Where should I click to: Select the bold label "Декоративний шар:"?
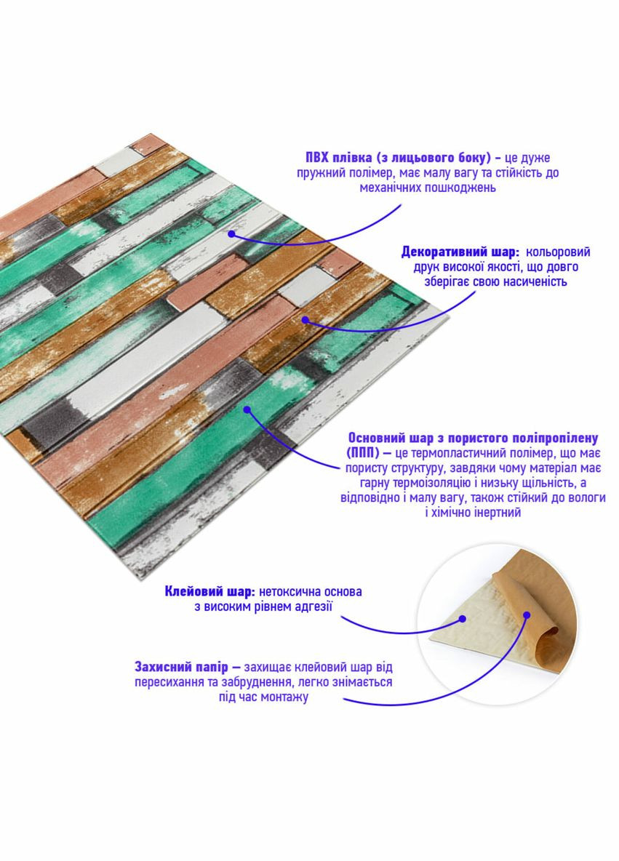click(x=460, y=252)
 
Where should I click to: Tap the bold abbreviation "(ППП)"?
click(x=366, y=453)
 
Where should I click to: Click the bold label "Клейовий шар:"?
click(x=209, y=592)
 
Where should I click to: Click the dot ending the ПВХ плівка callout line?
click(x=231, y=233)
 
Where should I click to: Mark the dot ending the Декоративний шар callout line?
click(x=305, y=319)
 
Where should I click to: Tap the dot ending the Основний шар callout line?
click(x=247, y=409)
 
